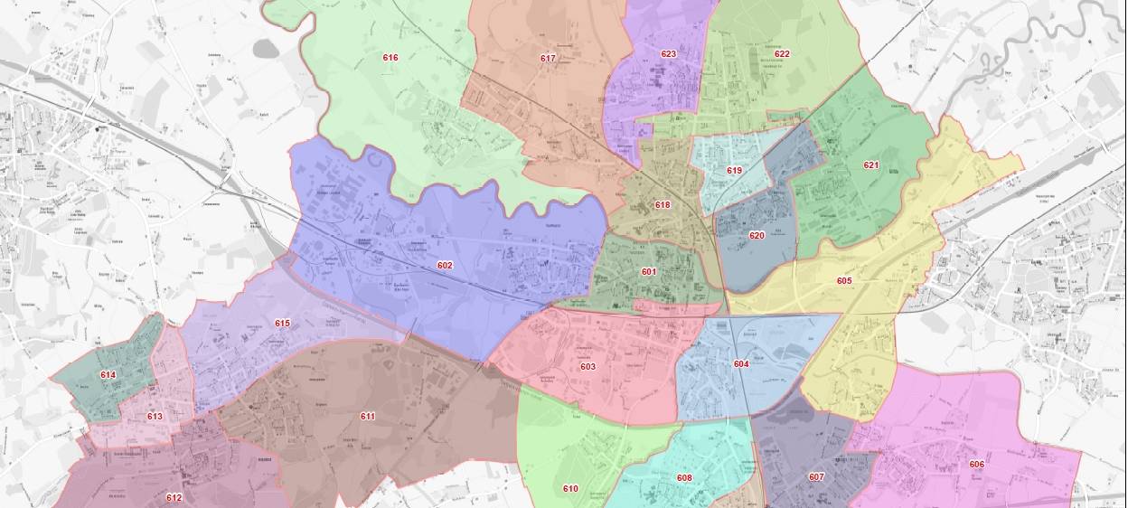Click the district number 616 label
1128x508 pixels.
click(x=390, y=58)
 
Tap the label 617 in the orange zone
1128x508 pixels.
click(x=548, y=59)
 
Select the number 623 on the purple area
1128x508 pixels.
click(x=669, y=54)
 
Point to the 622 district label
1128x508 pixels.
click(x=782, y=54)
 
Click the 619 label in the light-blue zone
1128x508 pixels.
click(x=734, y=171)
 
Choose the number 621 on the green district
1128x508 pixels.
click(x=871, y=165)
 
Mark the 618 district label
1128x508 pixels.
click(x=663, y=205)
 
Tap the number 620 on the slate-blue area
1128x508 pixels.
click(x=757, y=236)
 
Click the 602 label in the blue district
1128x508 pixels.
click(x=445, y=266)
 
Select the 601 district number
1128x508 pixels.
click(x=649, y=272)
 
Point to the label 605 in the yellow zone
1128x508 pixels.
click(x=844, y=281)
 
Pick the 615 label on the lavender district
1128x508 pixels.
click(x=282, y=324)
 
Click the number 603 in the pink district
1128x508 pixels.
click(x=588, y=367)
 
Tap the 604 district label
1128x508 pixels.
click(x=741, y=364)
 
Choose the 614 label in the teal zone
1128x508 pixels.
click(x=108, y=375)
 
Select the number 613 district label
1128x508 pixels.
click(x=155, y=417)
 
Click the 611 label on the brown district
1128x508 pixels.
click(x=368, y=417)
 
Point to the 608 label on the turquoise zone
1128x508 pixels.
click(x=684, y=478)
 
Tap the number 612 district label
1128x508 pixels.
click(x=174, y=497)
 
